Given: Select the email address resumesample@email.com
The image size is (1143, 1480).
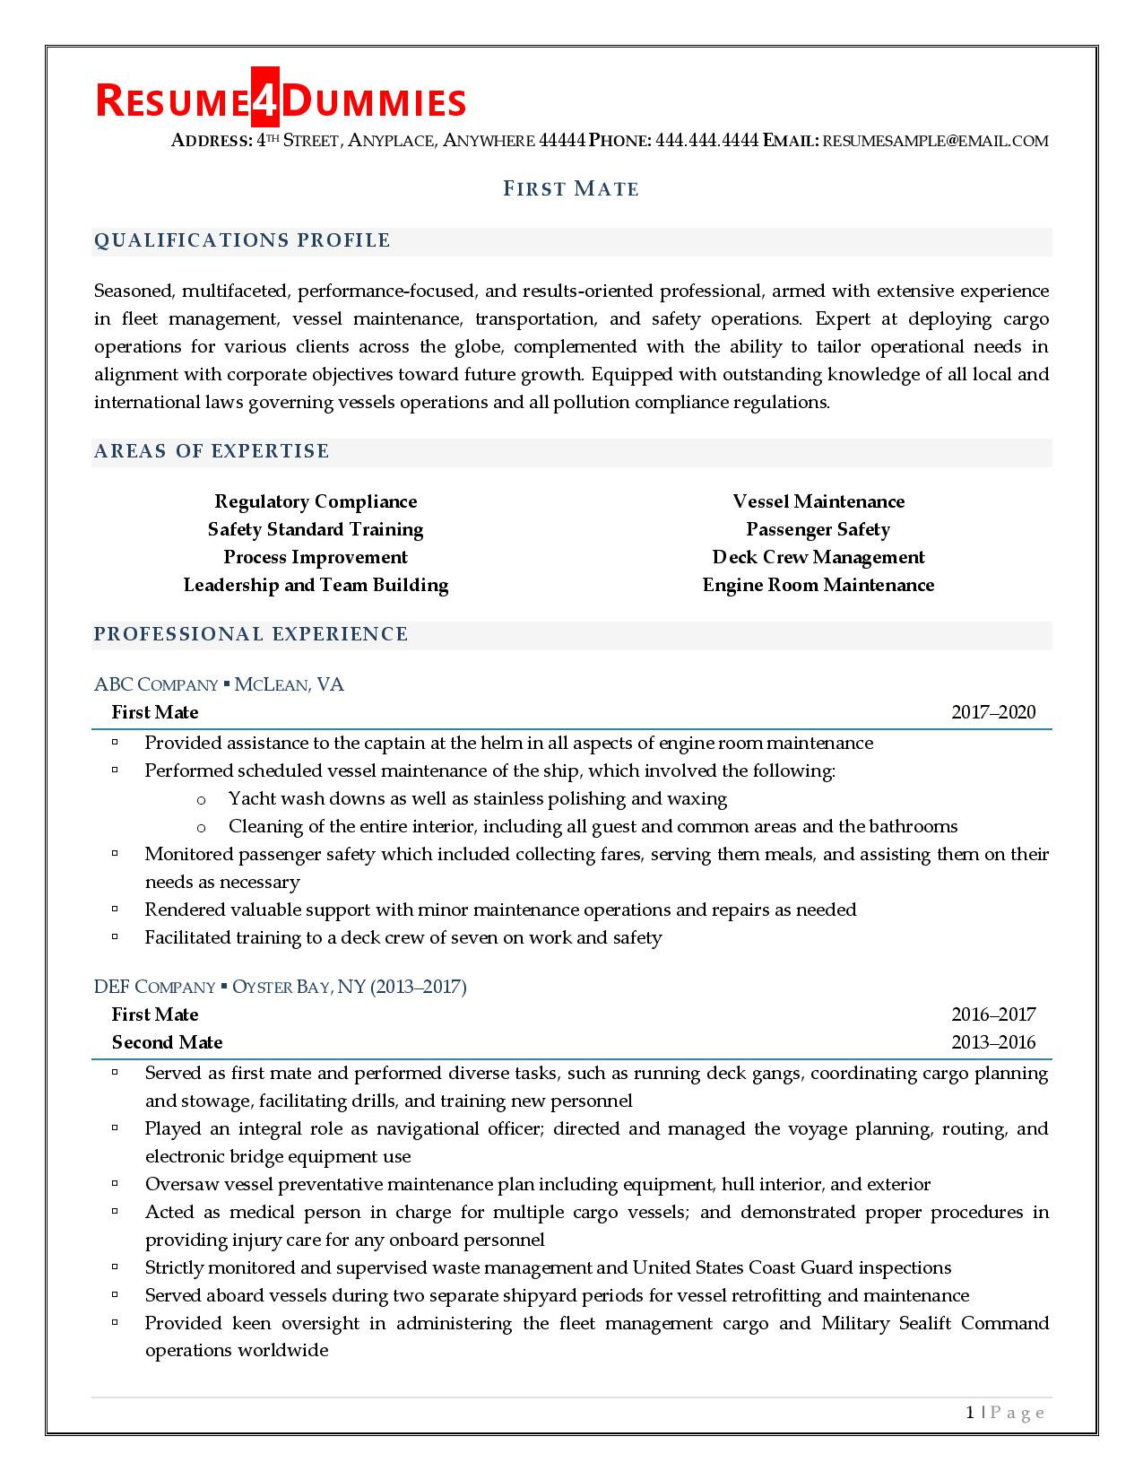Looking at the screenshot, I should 935,141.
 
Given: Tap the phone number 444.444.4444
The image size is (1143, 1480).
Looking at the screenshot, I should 707,141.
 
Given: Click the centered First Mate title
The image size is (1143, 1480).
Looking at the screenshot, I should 571,188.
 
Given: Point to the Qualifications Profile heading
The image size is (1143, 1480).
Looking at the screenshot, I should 242,240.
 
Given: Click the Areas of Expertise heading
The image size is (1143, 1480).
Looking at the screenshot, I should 212,451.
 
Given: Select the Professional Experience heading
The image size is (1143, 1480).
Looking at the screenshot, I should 251,634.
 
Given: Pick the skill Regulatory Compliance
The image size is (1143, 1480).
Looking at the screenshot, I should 316,501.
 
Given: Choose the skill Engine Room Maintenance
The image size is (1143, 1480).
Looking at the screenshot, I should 818,585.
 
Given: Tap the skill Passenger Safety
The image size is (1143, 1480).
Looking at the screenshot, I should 818,529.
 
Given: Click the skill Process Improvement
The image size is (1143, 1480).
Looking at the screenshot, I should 316,557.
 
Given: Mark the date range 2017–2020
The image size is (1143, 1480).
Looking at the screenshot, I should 992,712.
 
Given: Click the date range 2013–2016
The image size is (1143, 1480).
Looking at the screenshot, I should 992,1042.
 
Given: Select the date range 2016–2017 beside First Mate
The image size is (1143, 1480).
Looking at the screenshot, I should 992,1014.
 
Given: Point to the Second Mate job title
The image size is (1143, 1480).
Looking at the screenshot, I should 167,1042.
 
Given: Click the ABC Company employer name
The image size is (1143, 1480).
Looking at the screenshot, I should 156,685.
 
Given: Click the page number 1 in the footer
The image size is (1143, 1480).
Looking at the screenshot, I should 970,1413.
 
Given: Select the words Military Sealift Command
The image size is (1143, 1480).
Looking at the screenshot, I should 934,1323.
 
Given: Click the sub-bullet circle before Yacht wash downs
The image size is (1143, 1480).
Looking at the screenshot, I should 201,800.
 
